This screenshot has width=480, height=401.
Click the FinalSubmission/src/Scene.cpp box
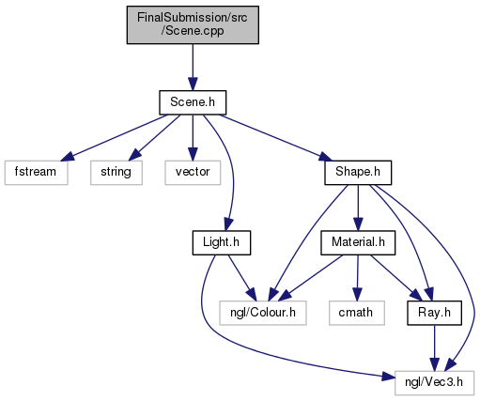(193, 24)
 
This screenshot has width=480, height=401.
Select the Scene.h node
(193, 102)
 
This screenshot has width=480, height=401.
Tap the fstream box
(36, 173)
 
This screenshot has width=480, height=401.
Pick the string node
(116, 173)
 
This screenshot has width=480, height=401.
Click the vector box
(193, 173)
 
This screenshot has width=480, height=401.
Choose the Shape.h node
(358, 173)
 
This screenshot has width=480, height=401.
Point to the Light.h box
(222, 242)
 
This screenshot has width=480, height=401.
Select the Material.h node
(358, 242)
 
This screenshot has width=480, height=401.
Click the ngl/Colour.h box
(263, 313)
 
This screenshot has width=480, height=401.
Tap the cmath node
(357, 313)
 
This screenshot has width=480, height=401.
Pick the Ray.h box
(434, 313)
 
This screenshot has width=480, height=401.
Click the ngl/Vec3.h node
(434, 383)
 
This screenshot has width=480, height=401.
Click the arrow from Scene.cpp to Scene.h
(193, 68)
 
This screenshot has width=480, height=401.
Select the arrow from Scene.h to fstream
(115, 138)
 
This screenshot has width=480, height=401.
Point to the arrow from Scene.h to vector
(193, 138)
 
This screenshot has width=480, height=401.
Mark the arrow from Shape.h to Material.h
(358, 208)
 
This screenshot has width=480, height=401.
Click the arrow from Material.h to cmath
(357, 278)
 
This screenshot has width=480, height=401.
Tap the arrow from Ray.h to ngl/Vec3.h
(434, 348)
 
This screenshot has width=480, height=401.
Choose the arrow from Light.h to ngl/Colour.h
(241, 278)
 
